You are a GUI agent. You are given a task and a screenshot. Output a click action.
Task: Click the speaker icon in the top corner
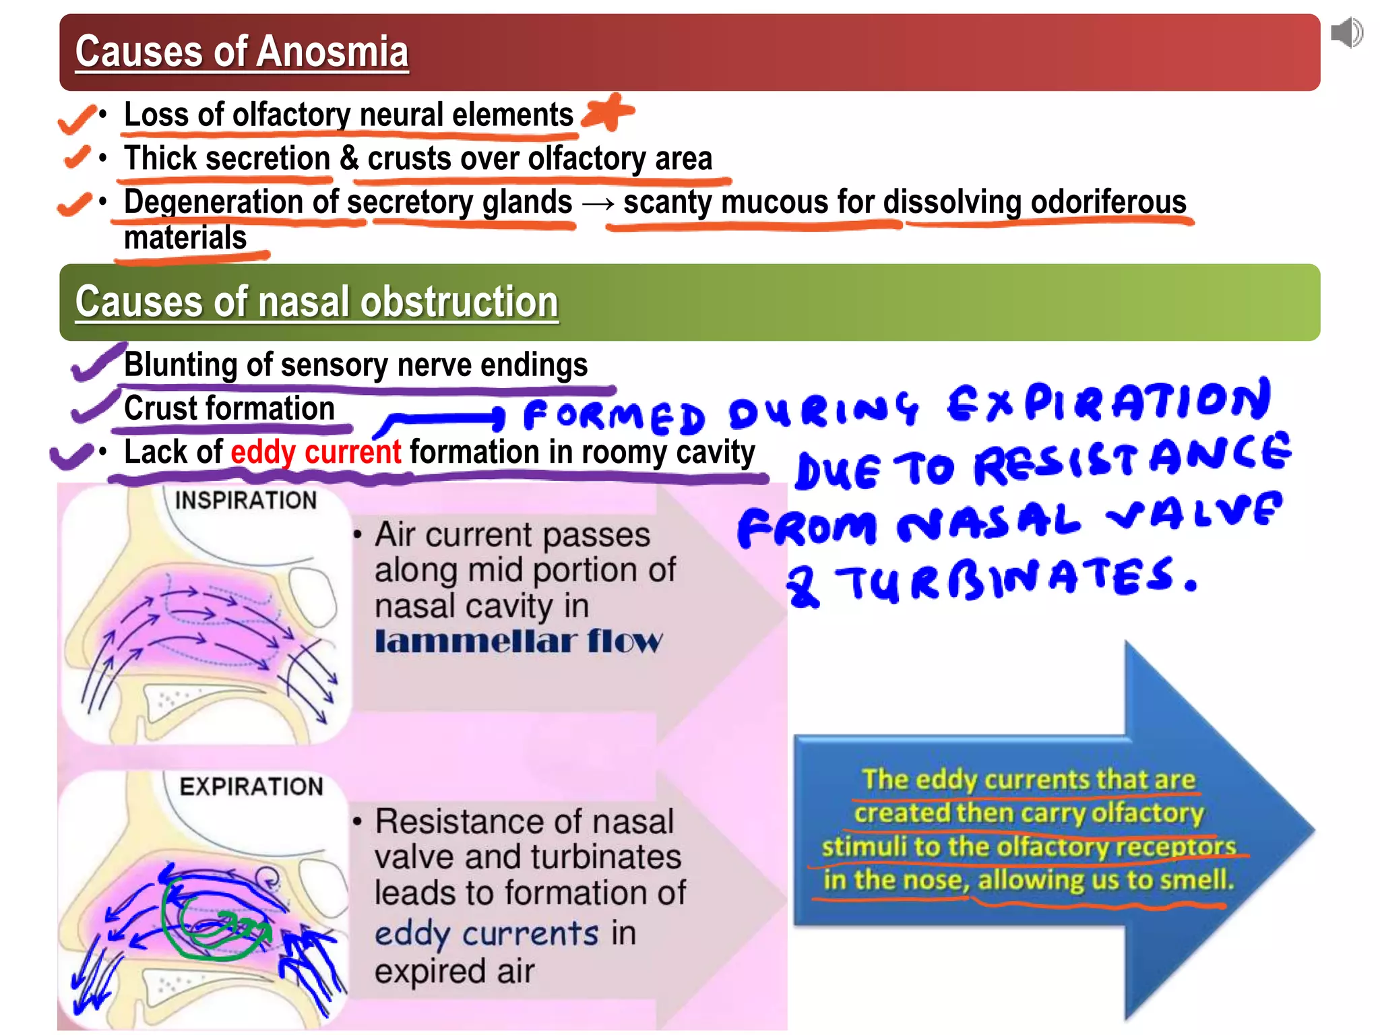1346,33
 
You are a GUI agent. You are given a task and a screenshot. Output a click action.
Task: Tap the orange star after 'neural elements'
608,111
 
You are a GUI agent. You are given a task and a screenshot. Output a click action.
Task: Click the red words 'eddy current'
315,452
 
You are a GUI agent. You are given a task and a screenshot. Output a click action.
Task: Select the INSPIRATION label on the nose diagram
245,501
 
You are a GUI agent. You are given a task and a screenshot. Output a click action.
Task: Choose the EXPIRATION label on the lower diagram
251,786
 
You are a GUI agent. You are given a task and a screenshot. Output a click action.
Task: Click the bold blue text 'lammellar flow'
518,641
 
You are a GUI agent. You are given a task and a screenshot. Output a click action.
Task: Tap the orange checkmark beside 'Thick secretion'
77,157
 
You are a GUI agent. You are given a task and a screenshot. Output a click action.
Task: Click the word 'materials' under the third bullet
185,238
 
